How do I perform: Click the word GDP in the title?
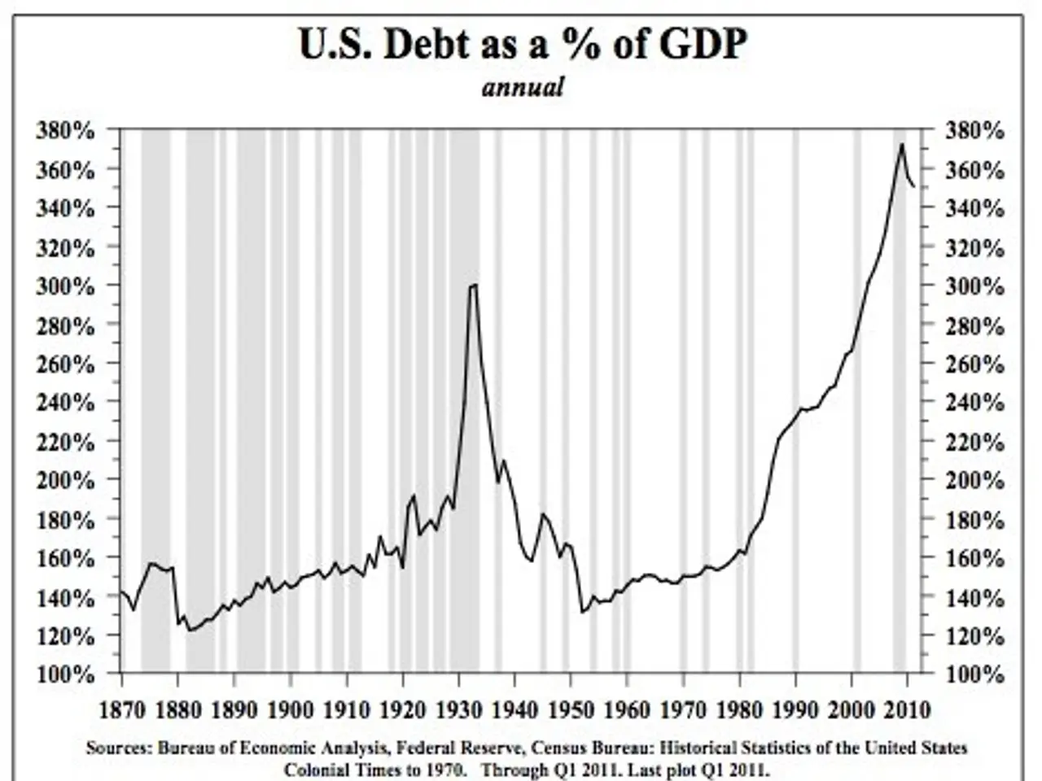click(700, 45)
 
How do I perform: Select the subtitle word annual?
click(522, 87)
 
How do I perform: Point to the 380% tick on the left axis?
click(66, 130)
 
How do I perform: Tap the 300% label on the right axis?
click(974, 286)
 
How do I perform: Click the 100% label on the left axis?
click(66, 674)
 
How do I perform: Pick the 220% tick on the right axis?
click(974, 442)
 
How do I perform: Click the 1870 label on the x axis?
click(122, 709)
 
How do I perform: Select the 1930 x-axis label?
click(458, 709)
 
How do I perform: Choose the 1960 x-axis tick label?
click(627, 709)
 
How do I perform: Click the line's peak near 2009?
click(902, 145)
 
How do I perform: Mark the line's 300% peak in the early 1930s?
click(473, 285)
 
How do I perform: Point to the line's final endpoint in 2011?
click(914, 187)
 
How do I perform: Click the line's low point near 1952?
click(582, 612)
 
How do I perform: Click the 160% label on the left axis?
click(66, 558)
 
